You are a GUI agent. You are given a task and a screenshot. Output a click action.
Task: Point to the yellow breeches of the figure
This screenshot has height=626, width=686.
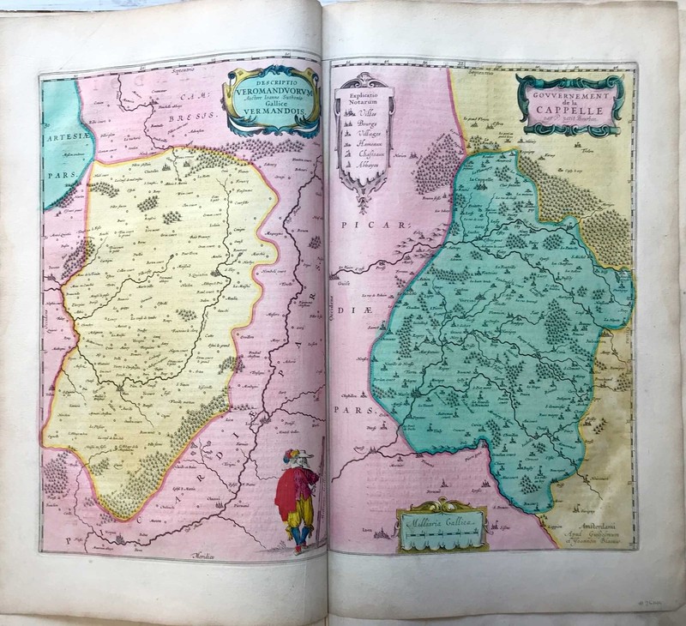tap(298, 515)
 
